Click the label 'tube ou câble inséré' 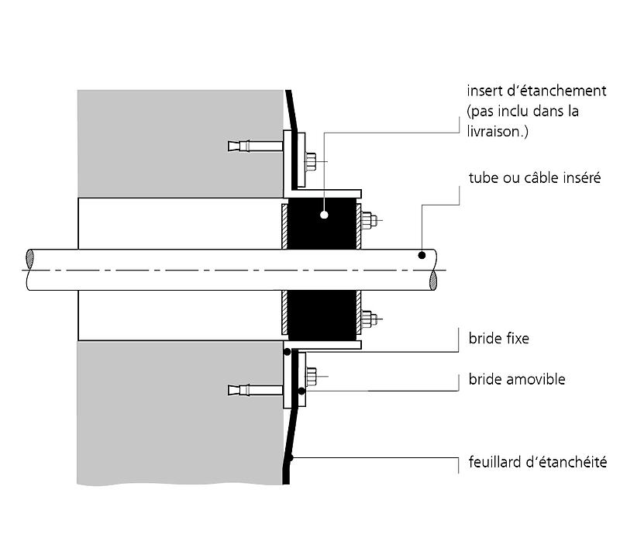(x=535, y=178)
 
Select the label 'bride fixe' (x=500, y=339)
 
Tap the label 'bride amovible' (x=517, y=379)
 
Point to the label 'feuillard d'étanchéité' (x=537, y=463)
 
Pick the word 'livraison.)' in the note (x=498, y=132)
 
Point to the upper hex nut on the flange (x=311, y=161)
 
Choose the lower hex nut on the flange (x=311, y=377)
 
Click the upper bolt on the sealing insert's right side (x=369, y=220)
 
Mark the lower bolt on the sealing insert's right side (x=369, y=318)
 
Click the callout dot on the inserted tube (x=421, y=255)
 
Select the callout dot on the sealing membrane (x=289, y=460)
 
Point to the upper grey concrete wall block (x=178, y=143)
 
